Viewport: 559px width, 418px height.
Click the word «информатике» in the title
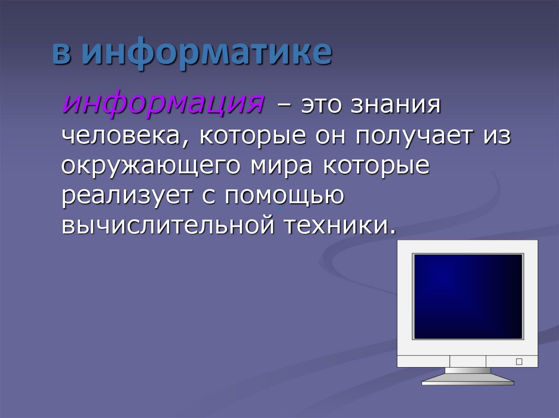pyautogui.click(x=207, y=53)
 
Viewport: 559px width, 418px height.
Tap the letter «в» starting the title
pyautogui.click(x=61, y=54)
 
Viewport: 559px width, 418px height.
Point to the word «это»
pyautogui.click(x=321, y=105)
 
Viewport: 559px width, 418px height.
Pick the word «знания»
pyautogui.click(x=396, y=105)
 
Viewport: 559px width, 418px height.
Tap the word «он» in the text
pyautogui.click(x=330, y=136)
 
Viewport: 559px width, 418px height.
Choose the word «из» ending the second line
pyautogui.click(x=497, y=136)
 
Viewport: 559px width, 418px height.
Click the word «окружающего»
pyautogui.click(x=151, y=167)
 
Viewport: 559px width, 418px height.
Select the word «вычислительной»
pyautogui.click(x=168, y=226)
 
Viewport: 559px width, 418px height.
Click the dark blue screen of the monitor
pyautogui.click(x=468, y=296)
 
